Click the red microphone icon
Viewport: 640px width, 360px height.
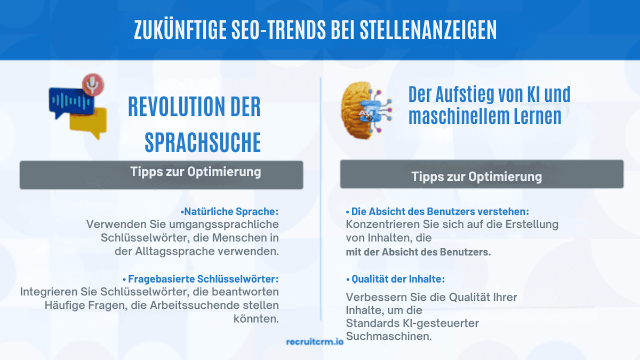[x=93, y=84]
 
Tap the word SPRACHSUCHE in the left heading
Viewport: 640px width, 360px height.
[x=203, y=142]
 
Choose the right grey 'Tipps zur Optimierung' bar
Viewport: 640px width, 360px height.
[x=482, y=175]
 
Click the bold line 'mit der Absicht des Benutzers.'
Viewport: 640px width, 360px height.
[x=418, y=252]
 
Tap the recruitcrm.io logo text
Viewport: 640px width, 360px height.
[x=315, y=342]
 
